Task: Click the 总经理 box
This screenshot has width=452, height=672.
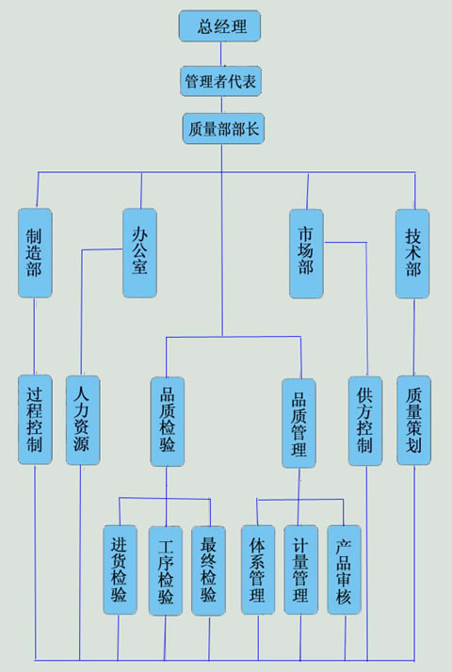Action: coord(219,26)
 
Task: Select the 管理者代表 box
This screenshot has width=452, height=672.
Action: coord(220,81)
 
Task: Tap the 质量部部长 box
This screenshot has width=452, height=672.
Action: coord(223,129)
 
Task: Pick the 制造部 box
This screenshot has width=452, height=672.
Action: coord(35,253)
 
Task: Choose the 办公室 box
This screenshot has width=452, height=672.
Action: coord(139,253)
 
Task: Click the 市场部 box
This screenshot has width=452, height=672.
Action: coord(306,254)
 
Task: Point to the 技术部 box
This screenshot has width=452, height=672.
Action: coord(412,254)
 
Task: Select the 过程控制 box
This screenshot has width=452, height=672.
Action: coord(35,420)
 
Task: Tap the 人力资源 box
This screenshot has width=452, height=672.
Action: coord(83,420)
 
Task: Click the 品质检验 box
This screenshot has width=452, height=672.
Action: coord(168,422)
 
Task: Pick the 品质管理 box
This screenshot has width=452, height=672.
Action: coord(299,424)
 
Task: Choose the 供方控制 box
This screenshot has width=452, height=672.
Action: coord(365,421)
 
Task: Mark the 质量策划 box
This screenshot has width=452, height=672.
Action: coord(413,421)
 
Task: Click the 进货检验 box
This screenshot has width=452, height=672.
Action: coord(121,570)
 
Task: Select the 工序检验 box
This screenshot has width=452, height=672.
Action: coord(166,571)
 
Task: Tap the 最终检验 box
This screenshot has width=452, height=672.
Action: coord(208,571)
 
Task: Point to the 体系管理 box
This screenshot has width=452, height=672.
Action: coord(258,570)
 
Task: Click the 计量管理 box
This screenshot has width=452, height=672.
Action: coord(301,570)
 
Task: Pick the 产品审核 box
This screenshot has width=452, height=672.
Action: coord(344,570)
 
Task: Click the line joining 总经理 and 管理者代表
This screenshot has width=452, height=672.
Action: coord(221,54)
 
